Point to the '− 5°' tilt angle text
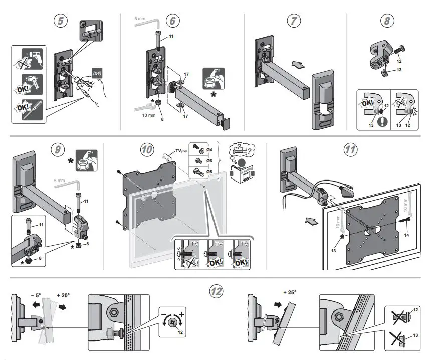[x=36, y=295]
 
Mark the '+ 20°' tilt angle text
[x=63, y=295]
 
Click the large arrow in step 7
[x=297, y=65]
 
